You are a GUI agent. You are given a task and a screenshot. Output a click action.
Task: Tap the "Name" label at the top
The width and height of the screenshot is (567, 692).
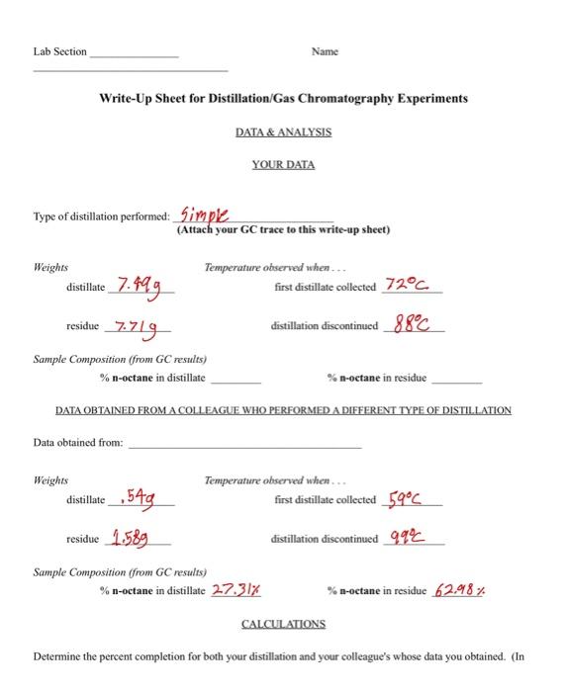pos(325,50)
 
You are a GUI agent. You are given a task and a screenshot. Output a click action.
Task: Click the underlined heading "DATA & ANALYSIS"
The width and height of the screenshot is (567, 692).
pos(283,131)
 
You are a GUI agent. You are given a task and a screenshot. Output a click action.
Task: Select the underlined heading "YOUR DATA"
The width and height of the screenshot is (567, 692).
pos(283,164)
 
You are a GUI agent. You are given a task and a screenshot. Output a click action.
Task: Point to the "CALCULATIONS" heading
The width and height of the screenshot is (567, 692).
pos(283,625)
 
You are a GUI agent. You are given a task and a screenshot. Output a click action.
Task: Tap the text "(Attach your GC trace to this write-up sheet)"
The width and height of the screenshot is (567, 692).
pos(283,230)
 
